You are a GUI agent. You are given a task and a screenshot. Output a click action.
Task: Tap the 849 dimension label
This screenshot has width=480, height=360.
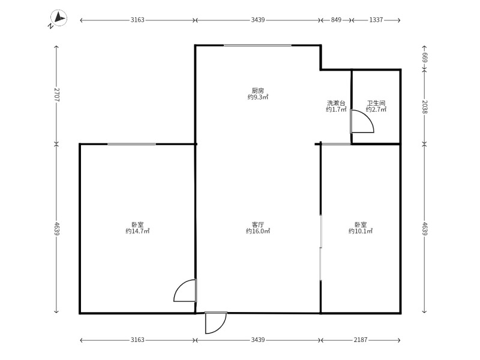click(336, 20)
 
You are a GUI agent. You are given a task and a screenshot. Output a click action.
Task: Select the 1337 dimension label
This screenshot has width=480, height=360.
click(376, 20)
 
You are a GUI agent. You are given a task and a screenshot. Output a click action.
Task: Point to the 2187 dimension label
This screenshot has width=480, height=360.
click(361, 340)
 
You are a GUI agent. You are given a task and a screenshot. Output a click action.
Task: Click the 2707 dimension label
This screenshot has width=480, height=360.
click(56, 95)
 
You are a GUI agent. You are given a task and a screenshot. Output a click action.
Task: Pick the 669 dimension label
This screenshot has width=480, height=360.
click(425, 58)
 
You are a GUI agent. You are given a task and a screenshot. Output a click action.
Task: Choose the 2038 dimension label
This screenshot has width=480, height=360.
click(425, 107)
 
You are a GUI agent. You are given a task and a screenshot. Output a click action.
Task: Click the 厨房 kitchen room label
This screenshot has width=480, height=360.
click(258, 91)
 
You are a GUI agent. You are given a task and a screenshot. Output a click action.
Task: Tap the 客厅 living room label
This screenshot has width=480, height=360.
click(258, 224)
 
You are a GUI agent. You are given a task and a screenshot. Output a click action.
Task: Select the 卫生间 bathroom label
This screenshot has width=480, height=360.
click(376, 103)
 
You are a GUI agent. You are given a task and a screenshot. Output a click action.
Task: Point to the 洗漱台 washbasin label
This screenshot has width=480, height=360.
click(336, 103)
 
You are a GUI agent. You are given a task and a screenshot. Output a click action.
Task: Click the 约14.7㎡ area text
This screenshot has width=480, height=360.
click(137, 231)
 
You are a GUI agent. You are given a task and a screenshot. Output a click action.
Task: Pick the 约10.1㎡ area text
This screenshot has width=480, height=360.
click(361, 231)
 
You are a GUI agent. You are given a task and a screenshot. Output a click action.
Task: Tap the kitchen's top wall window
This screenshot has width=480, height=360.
click(257, 46)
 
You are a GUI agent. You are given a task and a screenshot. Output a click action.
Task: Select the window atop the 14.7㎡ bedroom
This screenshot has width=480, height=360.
click(131, 144)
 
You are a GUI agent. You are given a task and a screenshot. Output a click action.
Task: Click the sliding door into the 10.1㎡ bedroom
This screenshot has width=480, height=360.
click(320, 247)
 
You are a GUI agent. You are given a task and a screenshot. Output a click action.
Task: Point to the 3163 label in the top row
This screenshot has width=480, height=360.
click(137, 20)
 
